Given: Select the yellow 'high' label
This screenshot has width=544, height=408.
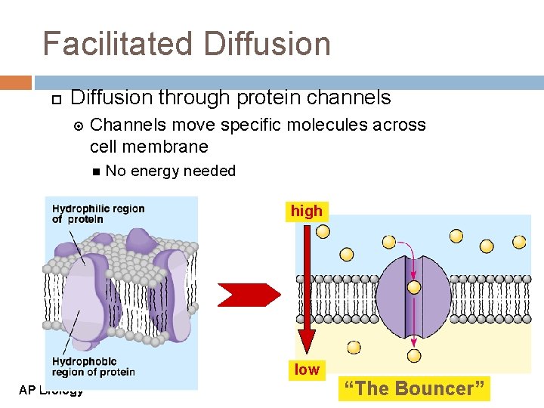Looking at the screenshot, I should click(306, 212).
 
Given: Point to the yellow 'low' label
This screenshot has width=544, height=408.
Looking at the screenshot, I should click(307, 369).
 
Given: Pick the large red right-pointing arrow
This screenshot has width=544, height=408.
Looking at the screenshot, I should click(249, 294).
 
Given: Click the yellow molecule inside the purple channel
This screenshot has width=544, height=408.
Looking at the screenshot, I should click(414, 287).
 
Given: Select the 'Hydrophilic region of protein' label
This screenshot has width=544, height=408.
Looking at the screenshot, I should click(98, 214).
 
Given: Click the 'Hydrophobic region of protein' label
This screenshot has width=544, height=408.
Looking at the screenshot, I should click(93, 366).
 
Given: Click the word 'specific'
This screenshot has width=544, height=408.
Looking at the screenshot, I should click(252, 125).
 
